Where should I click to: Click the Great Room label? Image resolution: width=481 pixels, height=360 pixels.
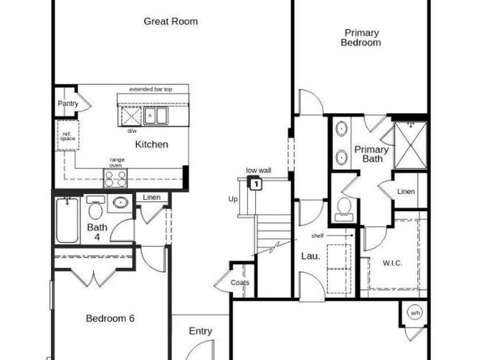pos(171,22)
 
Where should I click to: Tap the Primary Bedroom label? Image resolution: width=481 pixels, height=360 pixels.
pos(361,38)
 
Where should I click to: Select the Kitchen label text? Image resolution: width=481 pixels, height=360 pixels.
pos(151,145)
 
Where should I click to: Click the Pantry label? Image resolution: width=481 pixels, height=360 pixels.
pos(67,104)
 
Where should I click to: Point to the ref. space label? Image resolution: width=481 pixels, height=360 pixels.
pos(67,138)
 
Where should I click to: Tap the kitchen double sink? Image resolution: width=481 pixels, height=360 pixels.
pos(156,116)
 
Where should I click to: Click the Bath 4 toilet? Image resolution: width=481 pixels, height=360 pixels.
pos(96,211)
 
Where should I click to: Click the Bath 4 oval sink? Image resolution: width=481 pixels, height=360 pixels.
pos(121,203)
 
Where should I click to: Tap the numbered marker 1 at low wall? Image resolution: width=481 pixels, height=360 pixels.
pos(256,184)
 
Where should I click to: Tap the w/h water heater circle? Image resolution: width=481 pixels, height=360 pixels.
pos(415,313)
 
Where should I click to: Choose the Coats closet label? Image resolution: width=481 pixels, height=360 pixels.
pos(239,282)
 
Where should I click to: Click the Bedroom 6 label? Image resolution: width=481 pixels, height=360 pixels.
pos(110,318)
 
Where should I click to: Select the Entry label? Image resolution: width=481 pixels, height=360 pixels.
pos(200,331)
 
